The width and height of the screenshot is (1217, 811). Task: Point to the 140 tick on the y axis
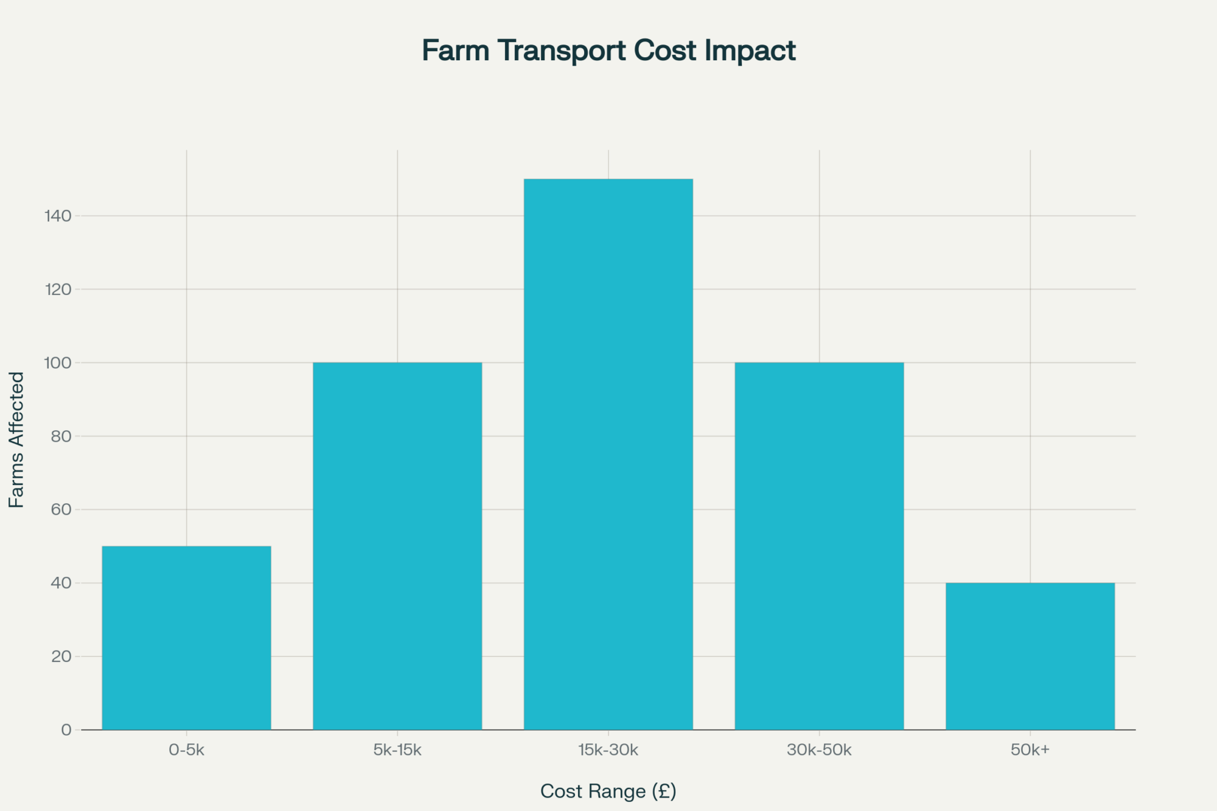click(x=58, y=216)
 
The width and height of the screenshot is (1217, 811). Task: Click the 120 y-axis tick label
click(x=58, y=290)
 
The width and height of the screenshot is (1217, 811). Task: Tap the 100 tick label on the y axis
click(x=58, y=363)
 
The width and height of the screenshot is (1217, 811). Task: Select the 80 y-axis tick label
click(x=61, y=436)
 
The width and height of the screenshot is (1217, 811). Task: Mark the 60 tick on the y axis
click(x=61, y=510)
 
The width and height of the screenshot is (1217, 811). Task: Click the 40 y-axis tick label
click(x=61, y=583)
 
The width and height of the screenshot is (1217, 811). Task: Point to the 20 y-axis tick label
click(x=61, y=656)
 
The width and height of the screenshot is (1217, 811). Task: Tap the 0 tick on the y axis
click(x=66, y=730)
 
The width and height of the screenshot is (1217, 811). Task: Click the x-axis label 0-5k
click(x=186, y=750)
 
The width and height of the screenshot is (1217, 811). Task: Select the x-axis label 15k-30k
click(x=608, y=750)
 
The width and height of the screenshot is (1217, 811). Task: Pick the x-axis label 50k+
click(x=1030, y=750)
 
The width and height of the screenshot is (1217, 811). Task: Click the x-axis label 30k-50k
click(x=819, y=750)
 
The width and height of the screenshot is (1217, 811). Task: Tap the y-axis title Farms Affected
click(x=16, y=439)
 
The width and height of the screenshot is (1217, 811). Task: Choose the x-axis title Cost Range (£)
click(x=608, y=792)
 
